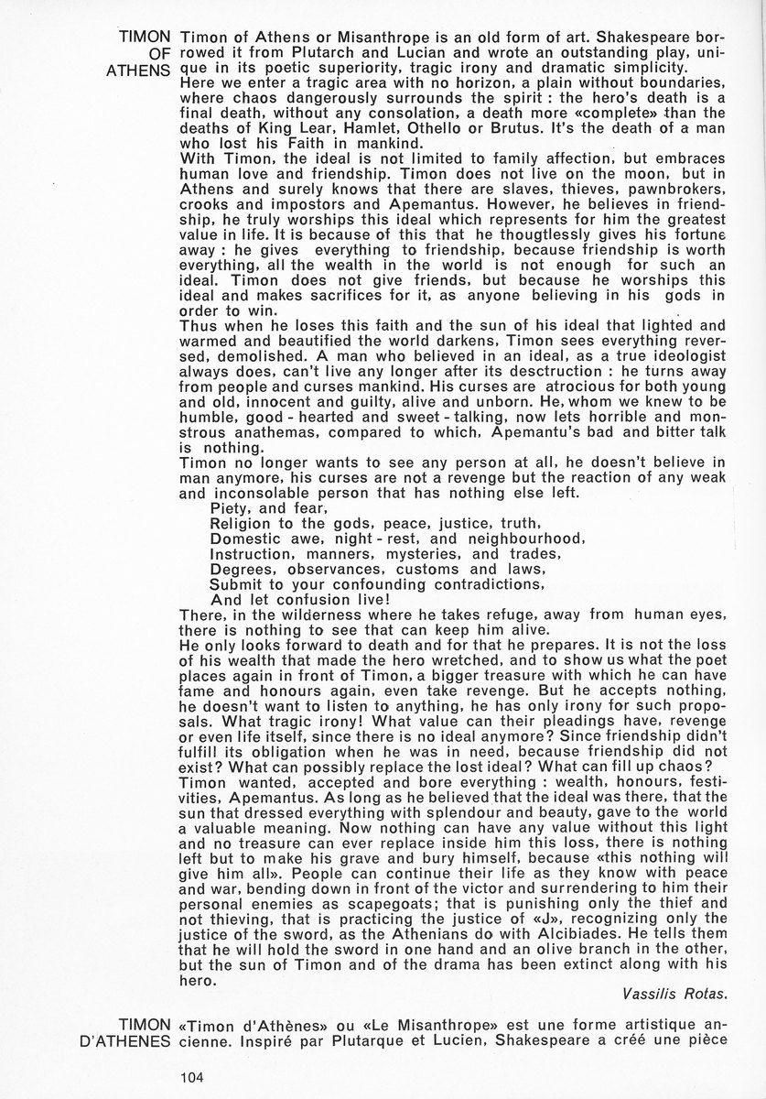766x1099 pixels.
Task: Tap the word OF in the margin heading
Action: (x=157, y=53)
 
